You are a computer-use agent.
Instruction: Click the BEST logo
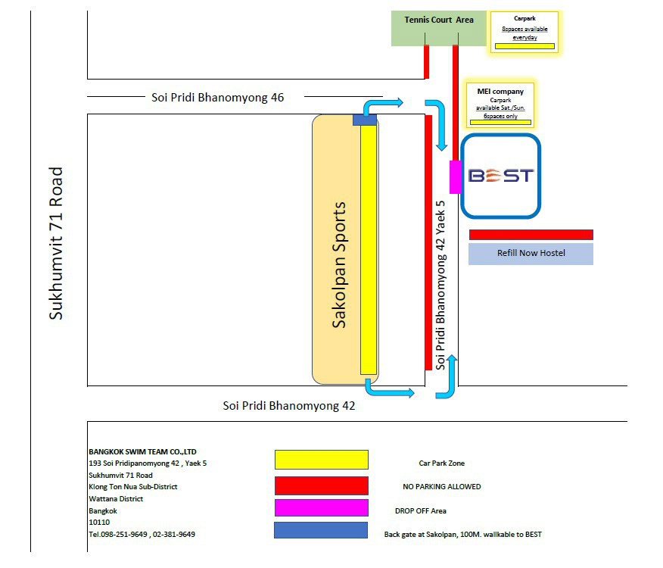click(x=501, y=176)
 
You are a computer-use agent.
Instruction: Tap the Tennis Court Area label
click(x=439, y=20)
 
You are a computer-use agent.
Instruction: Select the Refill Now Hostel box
click(x=531, y=253)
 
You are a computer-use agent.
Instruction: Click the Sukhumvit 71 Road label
click(x=56, y=243)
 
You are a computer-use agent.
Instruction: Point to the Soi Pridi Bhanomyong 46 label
click(x=213, y=97)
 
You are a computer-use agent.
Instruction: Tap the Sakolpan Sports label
click(x=339, y=264)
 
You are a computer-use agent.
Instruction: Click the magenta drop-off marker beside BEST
click(x=456, y=177)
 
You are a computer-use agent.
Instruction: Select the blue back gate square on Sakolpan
click(x=364, y=120)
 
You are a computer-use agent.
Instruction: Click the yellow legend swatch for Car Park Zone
click(x=321, y=460)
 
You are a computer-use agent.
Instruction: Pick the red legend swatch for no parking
click(x=321, y=485)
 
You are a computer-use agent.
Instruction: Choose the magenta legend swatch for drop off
click(x=321, y=508)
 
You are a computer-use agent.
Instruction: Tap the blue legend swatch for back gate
click(x=321, y=531)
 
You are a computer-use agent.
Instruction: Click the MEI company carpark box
click(x=500, y=105)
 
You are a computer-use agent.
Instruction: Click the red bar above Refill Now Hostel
click(x=531, y=235)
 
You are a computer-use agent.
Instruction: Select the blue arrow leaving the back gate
click(x=384, y=105)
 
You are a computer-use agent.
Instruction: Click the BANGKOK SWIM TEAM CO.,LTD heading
click(x=142, y=451)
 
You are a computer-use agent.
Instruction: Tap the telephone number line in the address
click(x=142, y=534)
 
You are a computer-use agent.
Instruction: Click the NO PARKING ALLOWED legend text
click(x=441, y=487)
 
